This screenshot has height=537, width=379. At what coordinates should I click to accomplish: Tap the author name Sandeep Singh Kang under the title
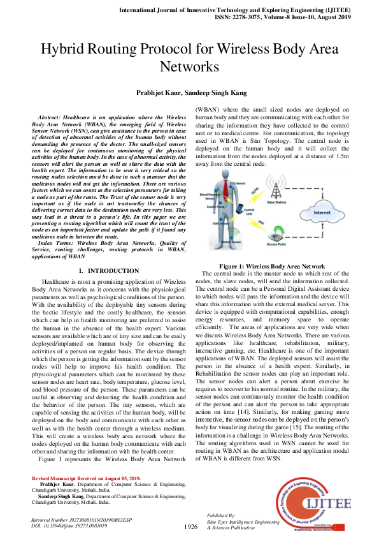[214, 92]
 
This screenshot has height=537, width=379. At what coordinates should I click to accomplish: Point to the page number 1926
[190, 526]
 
